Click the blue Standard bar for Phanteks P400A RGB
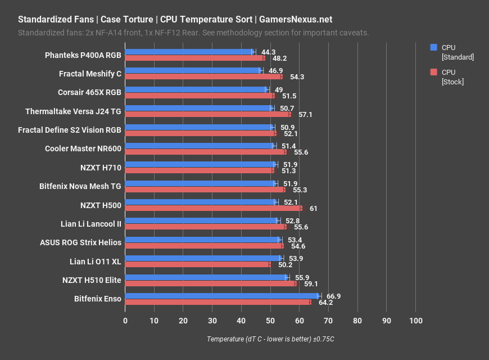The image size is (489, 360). (189, 52)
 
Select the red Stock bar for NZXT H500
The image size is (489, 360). (213, 208)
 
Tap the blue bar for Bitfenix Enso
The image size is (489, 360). (222, 296)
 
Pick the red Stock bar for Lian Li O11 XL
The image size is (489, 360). (197, 264)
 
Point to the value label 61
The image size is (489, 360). (313, 209)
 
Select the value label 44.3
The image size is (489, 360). (268, 52)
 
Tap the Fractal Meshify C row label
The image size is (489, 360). (90, 74)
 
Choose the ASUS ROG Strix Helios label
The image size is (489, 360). (80, 242)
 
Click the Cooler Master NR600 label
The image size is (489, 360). (83, 148)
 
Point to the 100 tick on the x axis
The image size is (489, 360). (415, 321)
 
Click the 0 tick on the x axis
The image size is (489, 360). (125, 321)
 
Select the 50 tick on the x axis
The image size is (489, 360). (270, 321)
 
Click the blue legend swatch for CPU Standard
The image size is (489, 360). (433, 47)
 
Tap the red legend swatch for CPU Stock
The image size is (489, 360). (433, 72)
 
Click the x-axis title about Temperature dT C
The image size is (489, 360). (270, 339)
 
